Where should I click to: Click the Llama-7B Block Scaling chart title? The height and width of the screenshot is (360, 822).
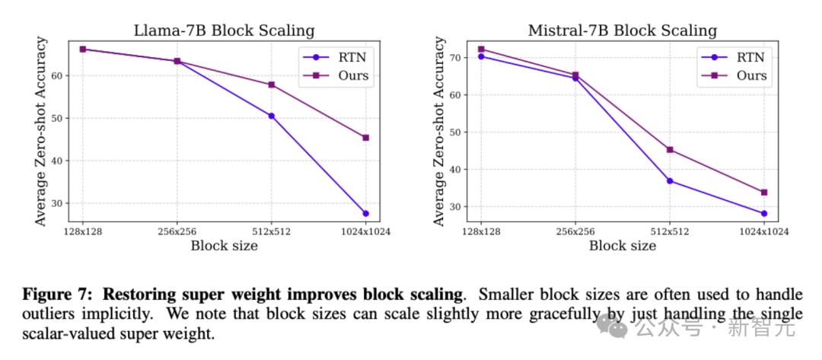tap(224, 30)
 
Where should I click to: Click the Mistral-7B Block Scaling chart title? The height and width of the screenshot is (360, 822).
tap(623, 30)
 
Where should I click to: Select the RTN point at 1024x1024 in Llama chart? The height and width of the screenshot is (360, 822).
tap(365, 213)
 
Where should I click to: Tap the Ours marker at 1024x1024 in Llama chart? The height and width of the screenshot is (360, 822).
tap(365, 138)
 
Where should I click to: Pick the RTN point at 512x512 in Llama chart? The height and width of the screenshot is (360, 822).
tap(271, 116)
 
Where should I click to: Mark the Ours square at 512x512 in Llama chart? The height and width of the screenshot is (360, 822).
tap(271, 84)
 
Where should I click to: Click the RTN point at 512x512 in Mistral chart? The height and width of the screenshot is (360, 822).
tap(670, 180)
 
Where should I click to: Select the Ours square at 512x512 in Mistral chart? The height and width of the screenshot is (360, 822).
tap(670, 149)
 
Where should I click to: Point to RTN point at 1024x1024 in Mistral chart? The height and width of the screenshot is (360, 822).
tap(763, 213)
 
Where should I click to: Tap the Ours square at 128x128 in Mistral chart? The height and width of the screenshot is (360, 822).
tap(480, 49)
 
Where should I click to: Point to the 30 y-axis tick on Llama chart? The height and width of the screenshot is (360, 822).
tap(60, 203)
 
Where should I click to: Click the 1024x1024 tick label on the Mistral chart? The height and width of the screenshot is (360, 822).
tap(763, 231)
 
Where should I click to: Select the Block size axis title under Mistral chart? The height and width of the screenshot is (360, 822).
tap(623, 245)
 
